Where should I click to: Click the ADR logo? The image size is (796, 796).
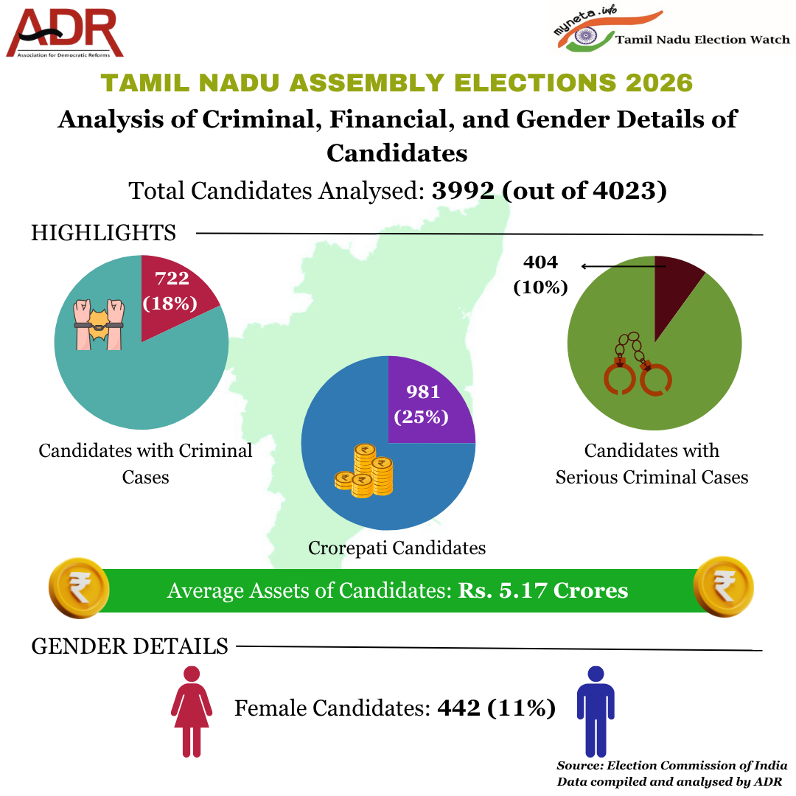coord(65,33)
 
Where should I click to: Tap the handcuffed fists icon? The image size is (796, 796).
coord(99,324)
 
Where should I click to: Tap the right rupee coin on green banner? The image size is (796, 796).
coord(724,586)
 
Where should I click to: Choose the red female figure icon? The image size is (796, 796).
coord(192,711)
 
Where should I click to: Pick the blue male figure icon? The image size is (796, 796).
coord(596,711)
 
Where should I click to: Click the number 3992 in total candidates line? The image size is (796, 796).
coord(464,191)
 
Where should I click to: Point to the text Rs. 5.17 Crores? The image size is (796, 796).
coord(543,590)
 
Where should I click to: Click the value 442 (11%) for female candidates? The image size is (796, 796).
coord(496,708)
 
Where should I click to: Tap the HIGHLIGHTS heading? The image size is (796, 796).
coord(103,233)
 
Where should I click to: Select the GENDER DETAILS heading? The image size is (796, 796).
coord(130,646)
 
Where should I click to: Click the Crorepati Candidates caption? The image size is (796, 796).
coord(397,548)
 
